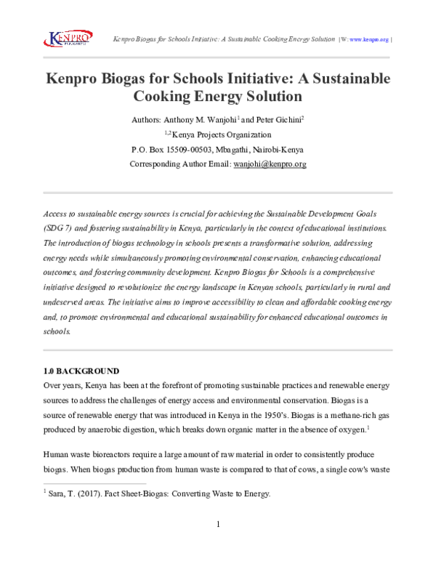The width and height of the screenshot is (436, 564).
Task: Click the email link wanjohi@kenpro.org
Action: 270,164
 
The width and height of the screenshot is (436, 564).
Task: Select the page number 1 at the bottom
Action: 218,524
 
